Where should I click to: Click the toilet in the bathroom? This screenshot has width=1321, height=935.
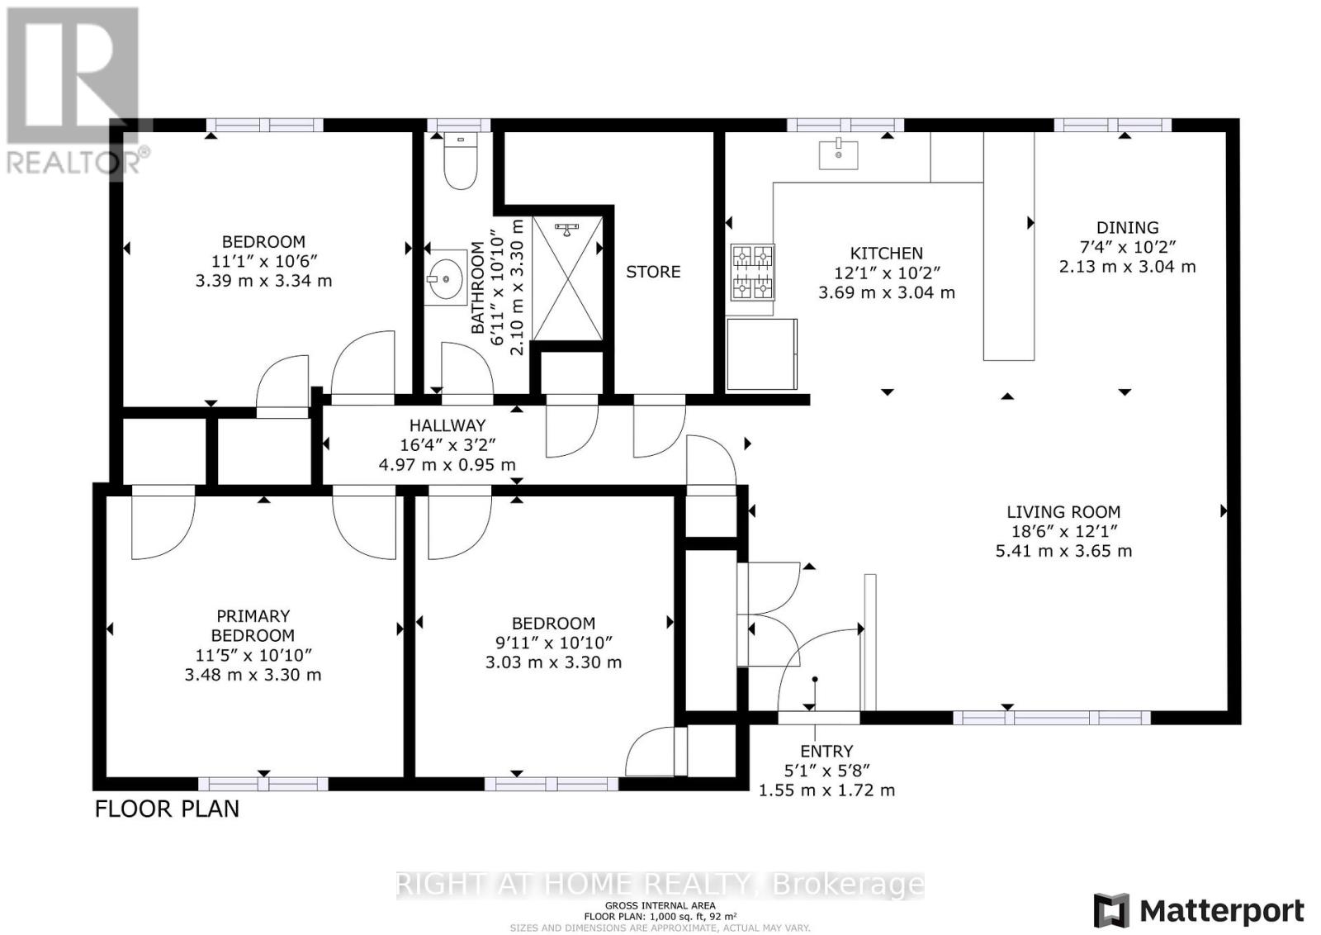460,160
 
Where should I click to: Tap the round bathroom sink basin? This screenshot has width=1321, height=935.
445,278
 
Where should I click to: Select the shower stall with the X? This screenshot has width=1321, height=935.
567,278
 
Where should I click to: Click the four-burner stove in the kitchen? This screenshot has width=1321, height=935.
752,272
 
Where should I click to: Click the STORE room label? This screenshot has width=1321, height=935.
653,272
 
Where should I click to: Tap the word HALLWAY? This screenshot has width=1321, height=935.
447,425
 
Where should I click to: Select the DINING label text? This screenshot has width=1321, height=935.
1127,227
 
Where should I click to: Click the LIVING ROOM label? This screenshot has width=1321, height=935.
1063,512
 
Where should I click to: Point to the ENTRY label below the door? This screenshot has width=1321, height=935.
826,751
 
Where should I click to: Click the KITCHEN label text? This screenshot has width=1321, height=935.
886,253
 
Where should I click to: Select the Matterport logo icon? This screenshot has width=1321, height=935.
1111,910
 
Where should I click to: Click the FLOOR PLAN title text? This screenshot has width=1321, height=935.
167,809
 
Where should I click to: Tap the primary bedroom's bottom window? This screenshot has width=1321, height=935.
263,783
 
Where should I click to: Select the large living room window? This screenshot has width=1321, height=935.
1052,717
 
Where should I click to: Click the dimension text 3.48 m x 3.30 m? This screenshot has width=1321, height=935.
253,674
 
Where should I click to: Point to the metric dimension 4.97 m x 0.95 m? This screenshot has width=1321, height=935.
447,465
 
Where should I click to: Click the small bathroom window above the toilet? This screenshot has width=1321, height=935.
459,125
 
